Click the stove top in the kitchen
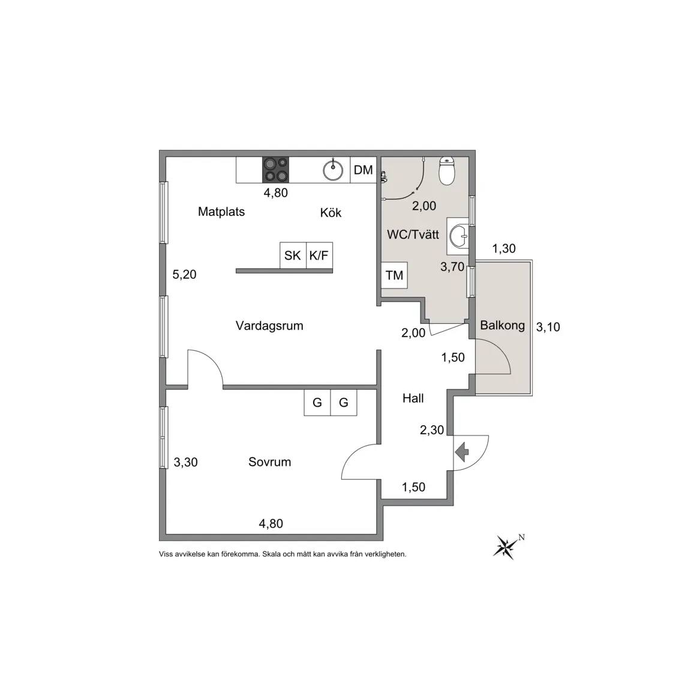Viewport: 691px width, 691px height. coord(276,170)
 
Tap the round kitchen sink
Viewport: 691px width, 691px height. coord(333,170)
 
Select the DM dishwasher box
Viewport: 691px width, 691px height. coord(363,170)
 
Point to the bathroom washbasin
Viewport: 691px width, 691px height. coord(458,236)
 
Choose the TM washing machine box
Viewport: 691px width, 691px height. coord(395,275)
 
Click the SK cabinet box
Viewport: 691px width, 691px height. coord(293,255)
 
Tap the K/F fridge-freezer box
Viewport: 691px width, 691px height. coord(319,255)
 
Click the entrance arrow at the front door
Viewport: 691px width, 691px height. coord(461,453)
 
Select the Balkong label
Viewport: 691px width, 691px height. coord(503,325)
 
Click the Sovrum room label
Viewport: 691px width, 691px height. coord(270,462)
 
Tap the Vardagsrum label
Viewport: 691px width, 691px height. coord(269,326)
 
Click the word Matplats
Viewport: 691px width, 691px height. coord(221,212)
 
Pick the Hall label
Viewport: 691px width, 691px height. coord(413,398)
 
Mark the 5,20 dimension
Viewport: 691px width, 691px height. coord(184,275)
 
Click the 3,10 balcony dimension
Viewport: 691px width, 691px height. coord(548,327)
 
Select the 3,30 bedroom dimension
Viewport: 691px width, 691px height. coord(185,462)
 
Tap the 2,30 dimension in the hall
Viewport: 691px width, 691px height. coord(432,430)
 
